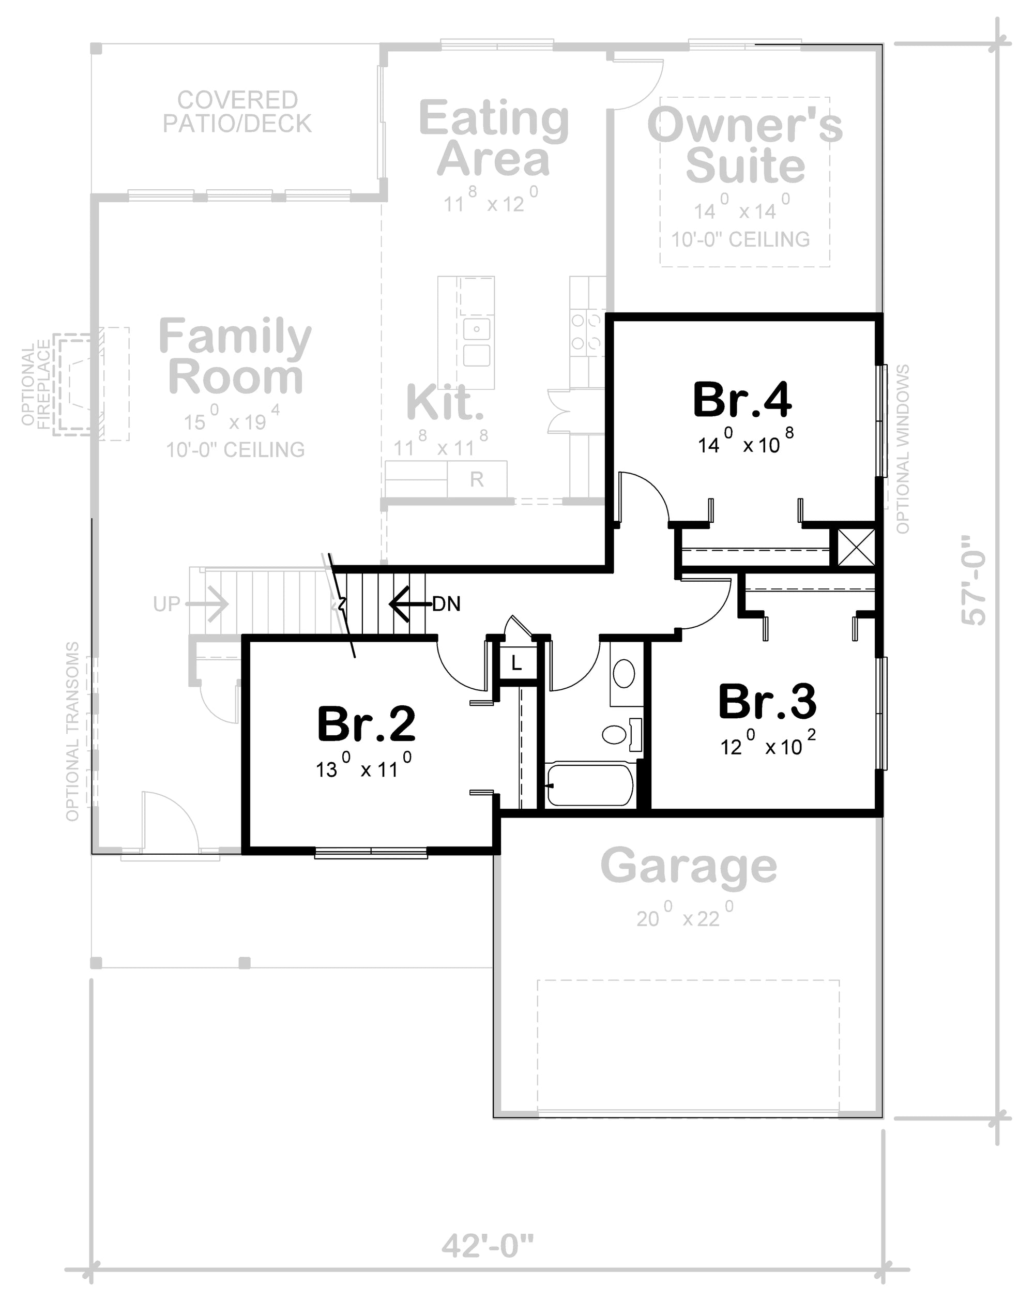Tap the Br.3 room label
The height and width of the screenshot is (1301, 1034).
pyautogui.click(x=767, y=702)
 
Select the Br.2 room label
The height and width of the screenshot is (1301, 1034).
pyautogui.click(x=366, y=724)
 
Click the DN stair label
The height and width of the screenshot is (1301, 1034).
pyautogui.click(x=446, y=603)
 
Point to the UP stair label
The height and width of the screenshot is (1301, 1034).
pyautogui.click(x=166, y=603)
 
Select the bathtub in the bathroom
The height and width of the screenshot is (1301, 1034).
pyautogui.click(x=589, y=785)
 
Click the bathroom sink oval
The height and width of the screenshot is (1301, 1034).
pyautogui.click(x=624, y=673)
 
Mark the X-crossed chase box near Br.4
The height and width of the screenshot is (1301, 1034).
pyautogui.click(x=857, y=547)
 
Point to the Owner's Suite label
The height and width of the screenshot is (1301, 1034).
pyautogui.click(x=744, y=145)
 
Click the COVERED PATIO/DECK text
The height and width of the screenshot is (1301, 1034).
pyautogui.click(x=237, y=112)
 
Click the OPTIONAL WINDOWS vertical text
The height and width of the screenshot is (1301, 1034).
pyautogui.click(x=903, y=449)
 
